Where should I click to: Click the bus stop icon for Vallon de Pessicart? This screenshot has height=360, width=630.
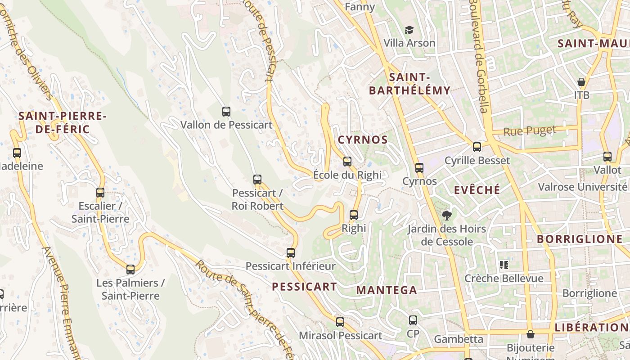click(226, 112)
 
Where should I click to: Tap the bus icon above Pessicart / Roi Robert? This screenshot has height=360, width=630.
click(257, 180)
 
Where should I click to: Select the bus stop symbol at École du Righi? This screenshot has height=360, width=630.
click(347, 162)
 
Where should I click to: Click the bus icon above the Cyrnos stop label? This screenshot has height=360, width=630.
click(419, 168)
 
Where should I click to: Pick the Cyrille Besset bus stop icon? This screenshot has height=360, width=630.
click(477, 147)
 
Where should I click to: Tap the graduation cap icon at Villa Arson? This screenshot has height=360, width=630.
click(409, 30)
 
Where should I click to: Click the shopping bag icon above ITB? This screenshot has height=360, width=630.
click(581, 82)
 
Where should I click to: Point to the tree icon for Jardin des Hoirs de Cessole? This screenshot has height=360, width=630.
click(446, 216)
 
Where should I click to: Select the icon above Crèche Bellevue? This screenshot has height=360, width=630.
click(504, 265)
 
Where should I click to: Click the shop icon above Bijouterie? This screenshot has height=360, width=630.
click(531, 334)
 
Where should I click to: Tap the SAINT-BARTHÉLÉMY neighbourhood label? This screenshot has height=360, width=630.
click(409, 84)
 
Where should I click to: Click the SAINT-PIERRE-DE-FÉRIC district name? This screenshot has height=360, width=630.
click(62, 122)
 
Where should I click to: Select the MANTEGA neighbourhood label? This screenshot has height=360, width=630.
click(387, 290)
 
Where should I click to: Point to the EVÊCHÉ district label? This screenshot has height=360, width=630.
click(477, 190)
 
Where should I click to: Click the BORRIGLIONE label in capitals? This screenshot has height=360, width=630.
click(580, 239)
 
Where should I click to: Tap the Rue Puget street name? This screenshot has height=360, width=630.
click(530, 131)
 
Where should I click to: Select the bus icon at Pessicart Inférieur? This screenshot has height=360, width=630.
click(291, 253)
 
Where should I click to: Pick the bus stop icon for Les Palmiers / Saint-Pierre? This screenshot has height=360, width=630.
click(130, 270)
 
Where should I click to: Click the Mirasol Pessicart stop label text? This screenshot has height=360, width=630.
click(341, 336)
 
